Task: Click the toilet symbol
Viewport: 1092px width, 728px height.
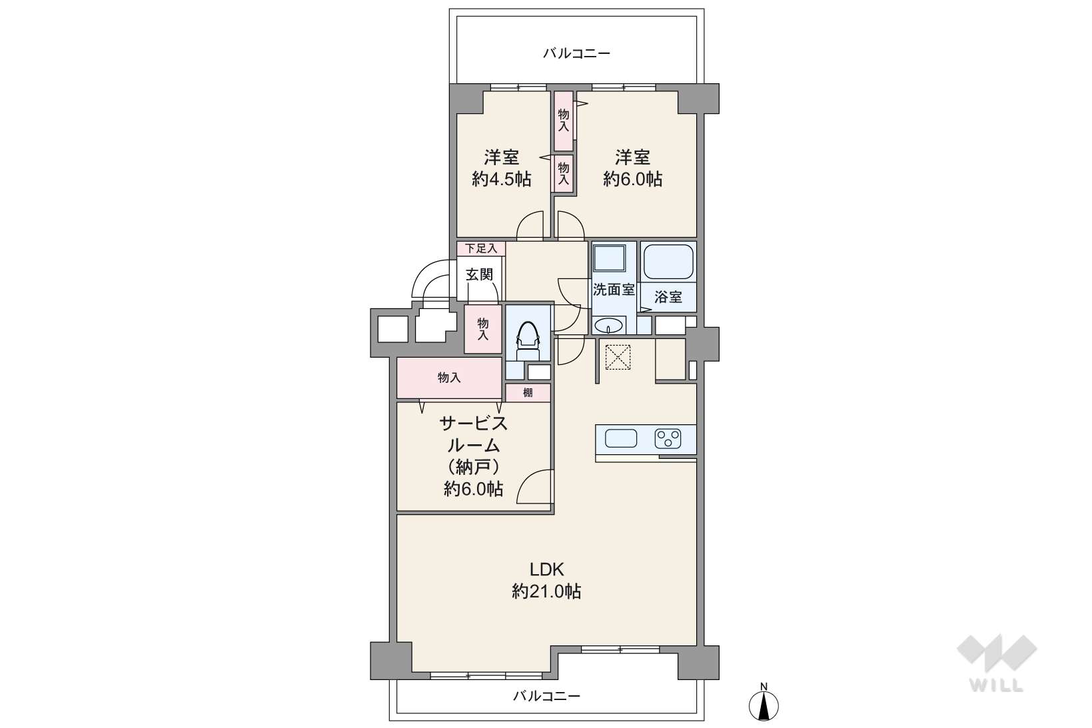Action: (528, 340)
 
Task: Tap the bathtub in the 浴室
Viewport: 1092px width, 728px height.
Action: (668, 262)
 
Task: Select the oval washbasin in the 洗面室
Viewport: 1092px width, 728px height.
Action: (609, 325)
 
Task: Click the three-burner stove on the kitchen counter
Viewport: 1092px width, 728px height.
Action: (668, 438)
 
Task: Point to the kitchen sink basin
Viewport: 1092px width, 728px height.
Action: (620, 438)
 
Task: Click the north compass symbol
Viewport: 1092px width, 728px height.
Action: (764, 703)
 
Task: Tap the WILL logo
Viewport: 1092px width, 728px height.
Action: (997, 663)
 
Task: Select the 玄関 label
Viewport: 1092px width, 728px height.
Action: (479, 274)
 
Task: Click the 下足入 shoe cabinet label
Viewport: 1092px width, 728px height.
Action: (480, 248)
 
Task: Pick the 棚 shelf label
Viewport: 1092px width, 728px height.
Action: (528, 392)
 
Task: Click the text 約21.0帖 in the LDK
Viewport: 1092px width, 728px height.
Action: (546, 591)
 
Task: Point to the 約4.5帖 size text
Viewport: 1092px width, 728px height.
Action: (501, 179)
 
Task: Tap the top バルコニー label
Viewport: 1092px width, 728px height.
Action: (576, 53)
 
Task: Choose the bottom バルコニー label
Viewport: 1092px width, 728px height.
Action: (546, 696)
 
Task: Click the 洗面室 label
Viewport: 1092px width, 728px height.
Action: (614, 290)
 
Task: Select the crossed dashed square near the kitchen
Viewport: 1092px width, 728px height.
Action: (618, 357)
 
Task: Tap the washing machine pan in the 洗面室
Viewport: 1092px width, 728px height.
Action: (610, 258)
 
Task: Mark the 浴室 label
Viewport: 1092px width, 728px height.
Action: (668, 297)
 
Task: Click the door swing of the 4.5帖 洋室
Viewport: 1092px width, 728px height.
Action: (530, 226)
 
